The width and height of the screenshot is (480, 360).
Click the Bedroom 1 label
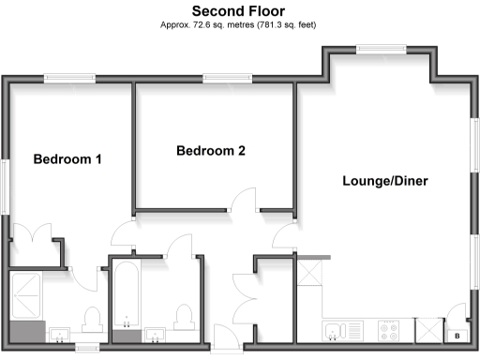tap(67, 158)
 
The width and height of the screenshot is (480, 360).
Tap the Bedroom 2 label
tap(211, 150)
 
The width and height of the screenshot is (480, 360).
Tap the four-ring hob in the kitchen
tap(389, 331)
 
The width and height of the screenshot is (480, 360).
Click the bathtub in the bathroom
tap(124, 298)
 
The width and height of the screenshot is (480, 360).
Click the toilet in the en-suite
tap(92, 322)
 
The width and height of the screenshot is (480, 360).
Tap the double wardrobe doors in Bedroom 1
tap(37, 234)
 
